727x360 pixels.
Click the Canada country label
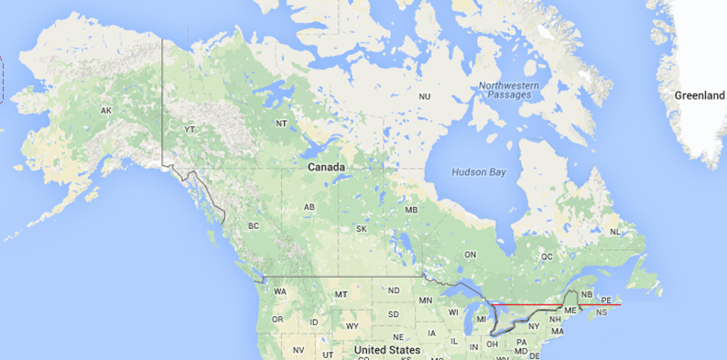326,168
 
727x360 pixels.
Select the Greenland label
700,95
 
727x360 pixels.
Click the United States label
386,350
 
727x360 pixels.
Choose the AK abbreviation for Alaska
106,111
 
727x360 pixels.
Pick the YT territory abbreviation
190,129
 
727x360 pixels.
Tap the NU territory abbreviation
425,96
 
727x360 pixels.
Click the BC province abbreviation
254,226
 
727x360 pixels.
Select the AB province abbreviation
309,207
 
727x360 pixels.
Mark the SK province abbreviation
362,228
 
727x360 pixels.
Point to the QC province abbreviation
548,257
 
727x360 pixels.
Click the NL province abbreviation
615,232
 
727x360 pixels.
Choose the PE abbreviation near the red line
606,300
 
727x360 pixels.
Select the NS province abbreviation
601,313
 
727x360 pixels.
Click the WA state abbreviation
280,291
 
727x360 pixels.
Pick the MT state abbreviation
341,294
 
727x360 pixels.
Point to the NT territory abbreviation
280,123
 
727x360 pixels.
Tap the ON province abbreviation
471,254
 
